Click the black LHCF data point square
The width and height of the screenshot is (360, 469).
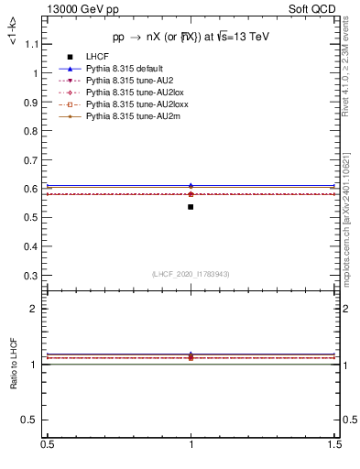pyautogui.click(x=191, y=207)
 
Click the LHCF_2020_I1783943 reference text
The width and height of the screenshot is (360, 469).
pyautogui.click(x=191, y=274)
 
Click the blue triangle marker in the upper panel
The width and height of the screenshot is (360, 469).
pyautogui.click(x=191, y=186)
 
